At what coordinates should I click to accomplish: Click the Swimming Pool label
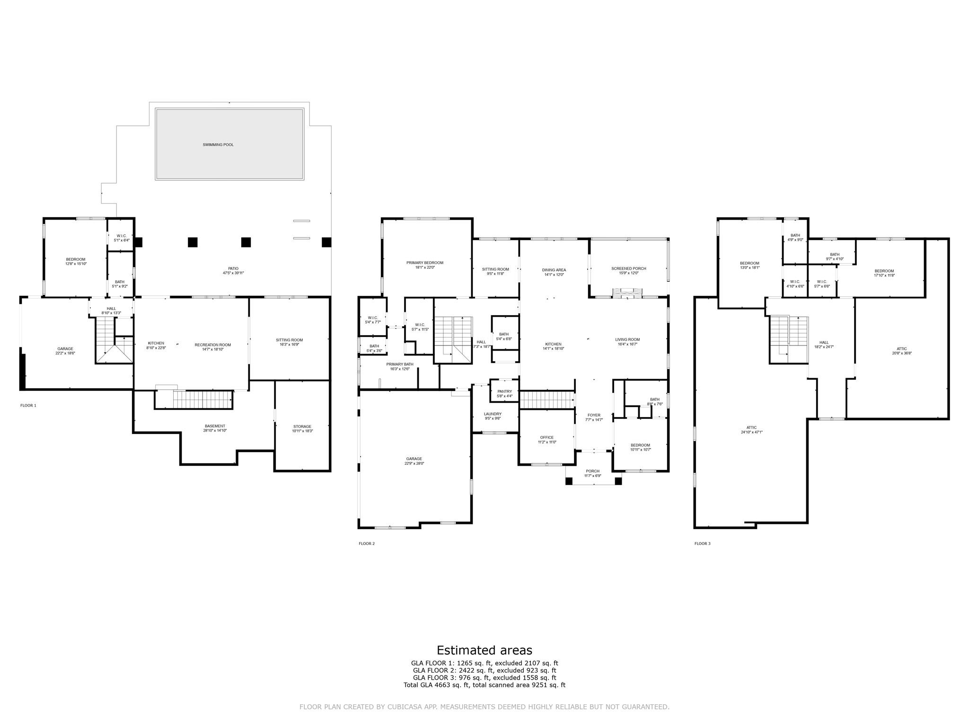click(218, 145)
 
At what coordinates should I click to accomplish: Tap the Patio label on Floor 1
click(233, 271)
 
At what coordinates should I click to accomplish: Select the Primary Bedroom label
click(424, 265)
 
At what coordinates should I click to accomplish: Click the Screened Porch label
click(629, 271)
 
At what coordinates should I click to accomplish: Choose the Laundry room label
click(493, 416)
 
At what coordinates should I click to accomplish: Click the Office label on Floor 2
click(546, 440)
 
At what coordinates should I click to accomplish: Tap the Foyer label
click(594, 417)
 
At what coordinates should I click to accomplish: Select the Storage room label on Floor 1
click(302, 429)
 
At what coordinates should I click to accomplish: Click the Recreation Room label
click(212, 347)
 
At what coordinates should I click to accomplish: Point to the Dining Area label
click(554, 272)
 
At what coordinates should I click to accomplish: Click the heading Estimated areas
click(484, 650)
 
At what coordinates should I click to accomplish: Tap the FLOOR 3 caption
click(702, 544)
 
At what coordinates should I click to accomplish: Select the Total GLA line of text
click(484, 685)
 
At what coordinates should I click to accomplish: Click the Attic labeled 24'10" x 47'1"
click(751, 430)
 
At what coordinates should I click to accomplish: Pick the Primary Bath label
click(399, 366)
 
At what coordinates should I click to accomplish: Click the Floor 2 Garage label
click(414, 461)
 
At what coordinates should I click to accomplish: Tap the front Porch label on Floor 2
click(592, 473)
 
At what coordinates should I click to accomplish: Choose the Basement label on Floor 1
click(215, 428)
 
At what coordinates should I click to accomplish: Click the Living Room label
click(627, 342)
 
